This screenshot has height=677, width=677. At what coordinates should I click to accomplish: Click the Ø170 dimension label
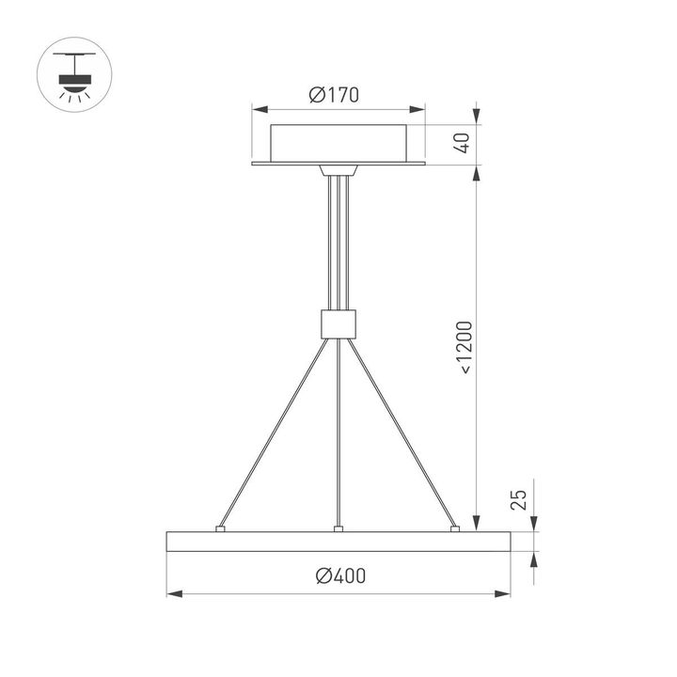click(x=334, y=95)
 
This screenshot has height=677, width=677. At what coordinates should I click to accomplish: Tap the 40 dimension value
click(x=462, y=143)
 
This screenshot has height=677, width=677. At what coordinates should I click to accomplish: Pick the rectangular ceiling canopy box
click(x=339, y=142)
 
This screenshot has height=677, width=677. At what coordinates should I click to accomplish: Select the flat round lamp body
click(x=338, y=543)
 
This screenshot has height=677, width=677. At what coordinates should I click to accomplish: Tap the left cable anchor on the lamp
click(x=220, y=529)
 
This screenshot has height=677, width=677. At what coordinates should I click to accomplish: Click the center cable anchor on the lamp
click(x=338, y=529)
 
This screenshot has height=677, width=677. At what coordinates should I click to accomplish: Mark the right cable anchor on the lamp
click(x=456, y=529)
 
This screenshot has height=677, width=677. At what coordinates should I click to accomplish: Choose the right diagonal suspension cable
click(x=404, y=433)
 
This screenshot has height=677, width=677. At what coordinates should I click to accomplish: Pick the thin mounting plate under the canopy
click(x=339, y=165)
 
